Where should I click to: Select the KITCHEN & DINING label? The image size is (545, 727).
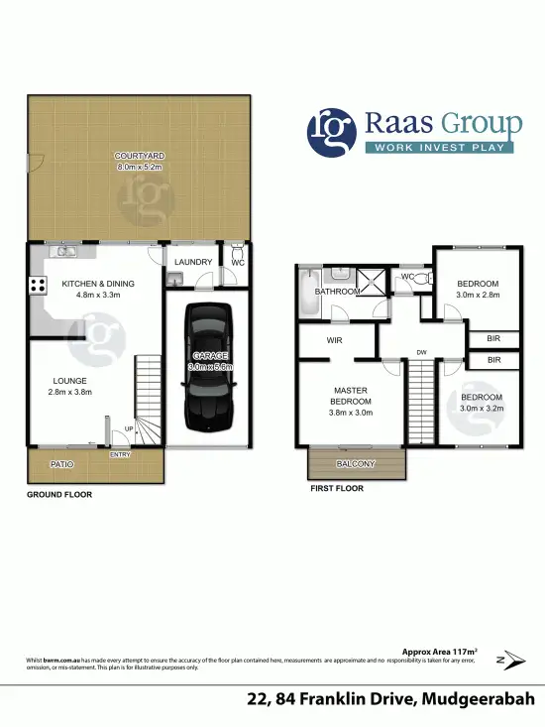(98, 283)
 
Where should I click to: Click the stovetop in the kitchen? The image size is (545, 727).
(39, 286)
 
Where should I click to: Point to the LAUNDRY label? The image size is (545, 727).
(193, 262)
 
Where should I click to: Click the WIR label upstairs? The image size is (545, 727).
(334, 340)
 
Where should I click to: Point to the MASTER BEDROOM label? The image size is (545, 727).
(352, 396)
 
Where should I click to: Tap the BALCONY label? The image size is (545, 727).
(357, 463)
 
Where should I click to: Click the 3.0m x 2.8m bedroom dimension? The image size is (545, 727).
(478, 295)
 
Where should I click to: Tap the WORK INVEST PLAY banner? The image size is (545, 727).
(442, 149)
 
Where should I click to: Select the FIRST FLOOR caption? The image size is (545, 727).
(336, 489)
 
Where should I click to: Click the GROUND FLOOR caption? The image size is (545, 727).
(58, 493)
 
